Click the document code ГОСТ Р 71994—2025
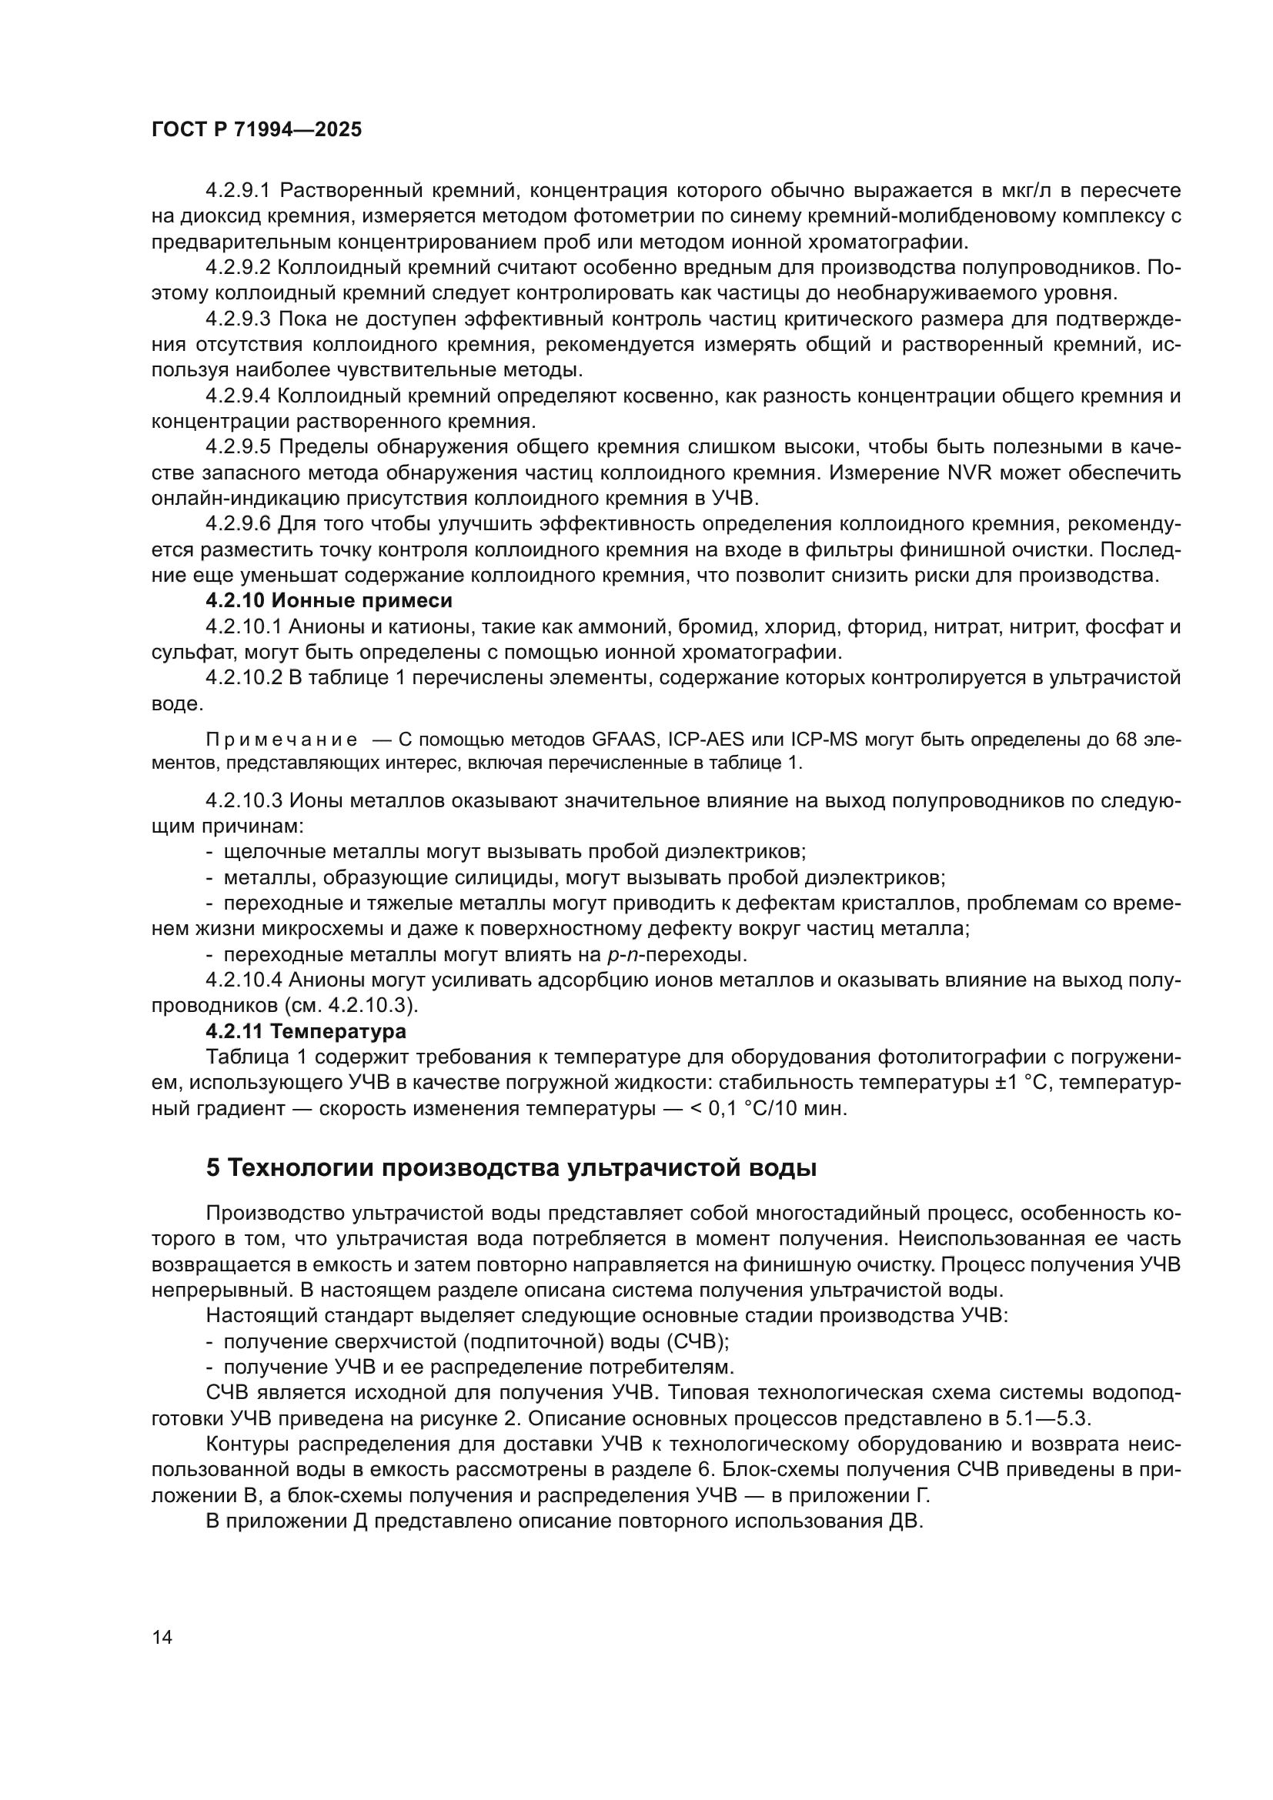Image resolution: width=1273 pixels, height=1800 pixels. [256, 130]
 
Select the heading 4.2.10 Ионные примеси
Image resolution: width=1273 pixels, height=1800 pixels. [329, 601]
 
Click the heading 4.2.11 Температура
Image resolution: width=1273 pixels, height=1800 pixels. [306, 1030]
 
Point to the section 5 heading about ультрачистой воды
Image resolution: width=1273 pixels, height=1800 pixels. [511, 1168]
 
